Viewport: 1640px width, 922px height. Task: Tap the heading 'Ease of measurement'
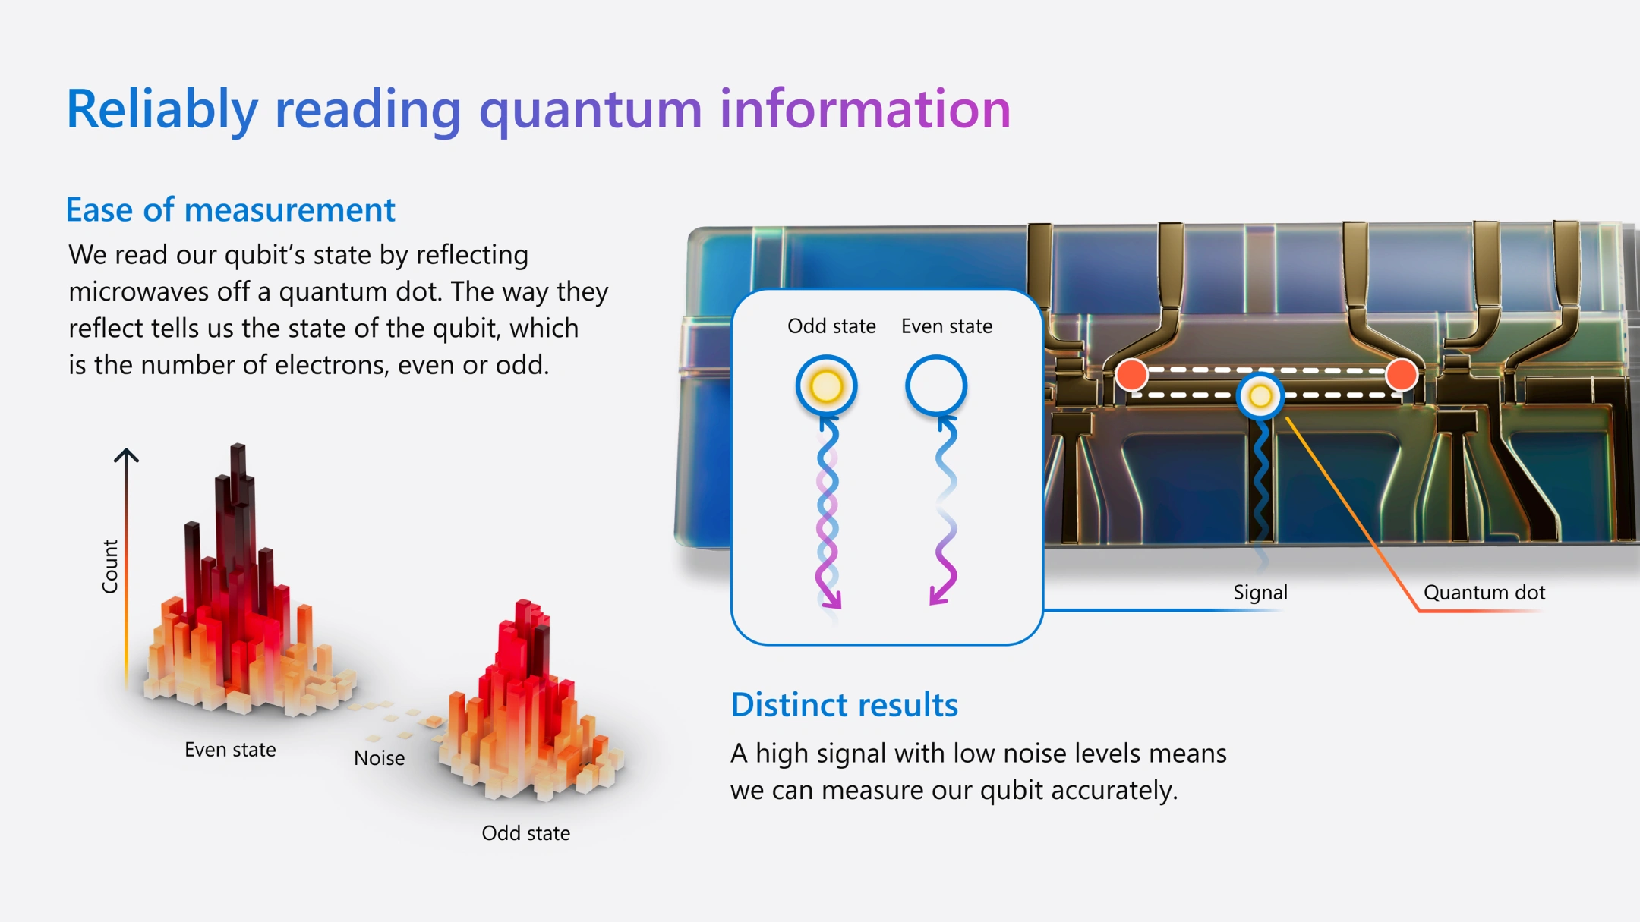[231, 209]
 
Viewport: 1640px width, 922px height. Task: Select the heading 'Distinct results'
[844, 705]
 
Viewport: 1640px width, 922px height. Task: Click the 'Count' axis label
[111, 566]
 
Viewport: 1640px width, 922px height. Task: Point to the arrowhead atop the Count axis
[126, 455]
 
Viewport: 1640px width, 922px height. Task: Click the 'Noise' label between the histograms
[379, 758]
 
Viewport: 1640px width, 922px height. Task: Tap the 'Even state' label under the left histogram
[230, 750]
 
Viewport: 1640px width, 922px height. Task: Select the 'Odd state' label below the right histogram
[525, 833]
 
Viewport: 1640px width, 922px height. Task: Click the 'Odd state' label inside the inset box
[831, 326]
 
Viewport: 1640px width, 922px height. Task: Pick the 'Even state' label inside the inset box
[947, 326]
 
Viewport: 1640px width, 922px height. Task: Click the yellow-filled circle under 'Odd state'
[827, 385]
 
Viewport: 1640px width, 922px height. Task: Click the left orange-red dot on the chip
[1131, 375]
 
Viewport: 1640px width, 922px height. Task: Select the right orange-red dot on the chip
[1401, 375]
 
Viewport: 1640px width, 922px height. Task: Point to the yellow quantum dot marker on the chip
[1260, 395]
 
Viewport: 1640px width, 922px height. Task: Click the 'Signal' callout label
[1260, 593]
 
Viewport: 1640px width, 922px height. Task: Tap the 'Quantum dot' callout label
[1484, 593]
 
